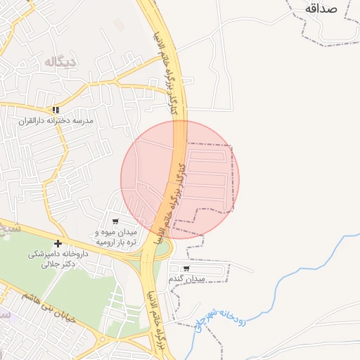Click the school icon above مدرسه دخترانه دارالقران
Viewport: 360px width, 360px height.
point(56,110)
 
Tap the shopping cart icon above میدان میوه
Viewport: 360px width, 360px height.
point(115,221)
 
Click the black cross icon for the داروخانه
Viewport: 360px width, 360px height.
point(58,243)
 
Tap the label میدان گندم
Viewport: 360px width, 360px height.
point(186,279)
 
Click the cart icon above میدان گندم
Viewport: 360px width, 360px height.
point(186,268)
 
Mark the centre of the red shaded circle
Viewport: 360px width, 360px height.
point(180,179)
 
